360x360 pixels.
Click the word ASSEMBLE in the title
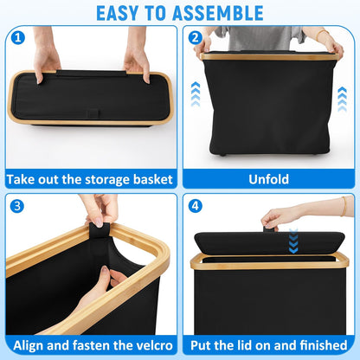tap(218, 13)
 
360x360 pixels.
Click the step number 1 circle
tap(18, 37)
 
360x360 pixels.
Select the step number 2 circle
tap(196, 37)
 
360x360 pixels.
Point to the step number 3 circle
tap(17, 206)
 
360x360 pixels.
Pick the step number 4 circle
tap(196, 206)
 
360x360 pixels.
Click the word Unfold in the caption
tap(268, 179)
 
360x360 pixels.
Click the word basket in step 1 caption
tap(153, 179)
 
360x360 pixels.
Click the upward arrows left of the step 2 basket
tap(196, 94)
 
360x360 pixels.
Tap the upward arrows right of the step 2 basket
tap(342, 100)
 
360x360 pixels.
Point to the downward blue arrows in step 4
tap(293, 241)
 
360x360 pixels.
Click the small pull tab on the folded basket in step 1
tap(93, 112)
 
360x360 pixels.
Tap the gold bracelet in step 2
tap(321, 35)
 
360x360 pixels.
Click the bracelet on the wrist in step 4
tap(344, 206)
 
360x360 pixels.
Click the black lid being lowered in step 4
tap(269, 243)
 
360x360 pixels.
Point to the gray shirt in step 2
tap(260, 37)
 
